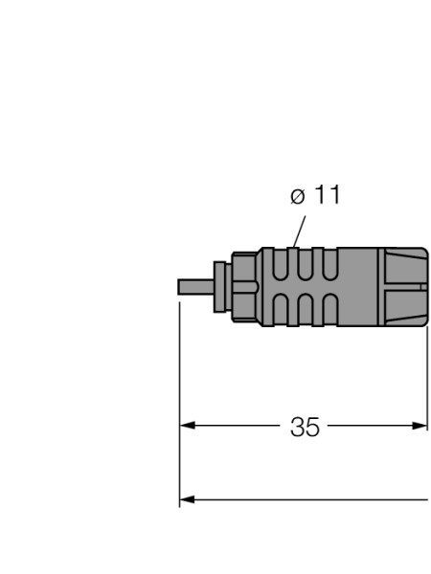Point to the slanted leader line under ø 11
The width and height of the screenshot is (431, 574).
297,231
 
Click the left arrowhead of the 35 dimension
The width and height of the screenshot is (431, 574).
188,427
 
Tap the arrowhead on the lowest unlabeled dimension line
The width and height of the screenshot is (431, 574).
188,498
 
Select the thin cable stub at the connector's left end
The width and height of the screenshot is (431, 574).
195,287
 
